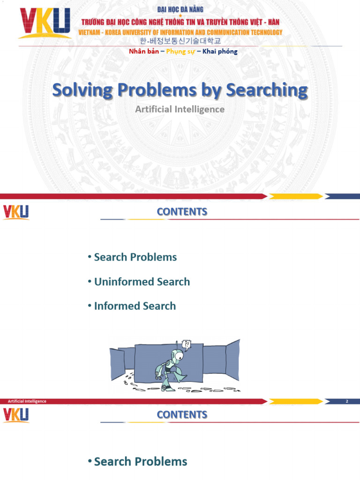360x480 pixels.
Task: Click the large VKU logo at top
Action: coord(45,23)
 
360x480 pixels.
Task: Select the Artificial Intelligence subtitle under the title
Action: coord(180,109)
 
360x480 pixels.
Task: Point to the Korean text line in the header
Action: coord(180,41)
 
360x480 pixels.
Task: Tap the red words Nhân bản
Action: coord(144,52)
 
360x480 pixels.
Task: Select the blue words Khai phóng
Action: coord(220,52)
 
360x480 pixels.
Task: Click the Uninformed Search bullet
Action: coord(142,282)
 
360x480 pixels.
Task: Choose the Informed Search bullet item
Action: coord(135,306)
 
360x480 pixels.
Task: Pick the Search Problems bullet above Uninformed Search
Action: coord(135,257)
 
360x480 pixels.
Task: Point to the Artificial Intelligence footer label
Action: coord(27,401)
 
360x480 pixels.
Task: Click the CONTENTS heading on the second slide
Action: coord(182,211)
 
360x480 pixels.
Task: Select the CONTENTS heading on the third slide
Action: coord(182,414)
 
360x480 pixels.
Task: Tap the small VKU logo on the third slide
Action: coord(16,415)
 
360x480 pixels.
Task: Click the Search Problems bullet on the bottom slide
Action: coord(140,462)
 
